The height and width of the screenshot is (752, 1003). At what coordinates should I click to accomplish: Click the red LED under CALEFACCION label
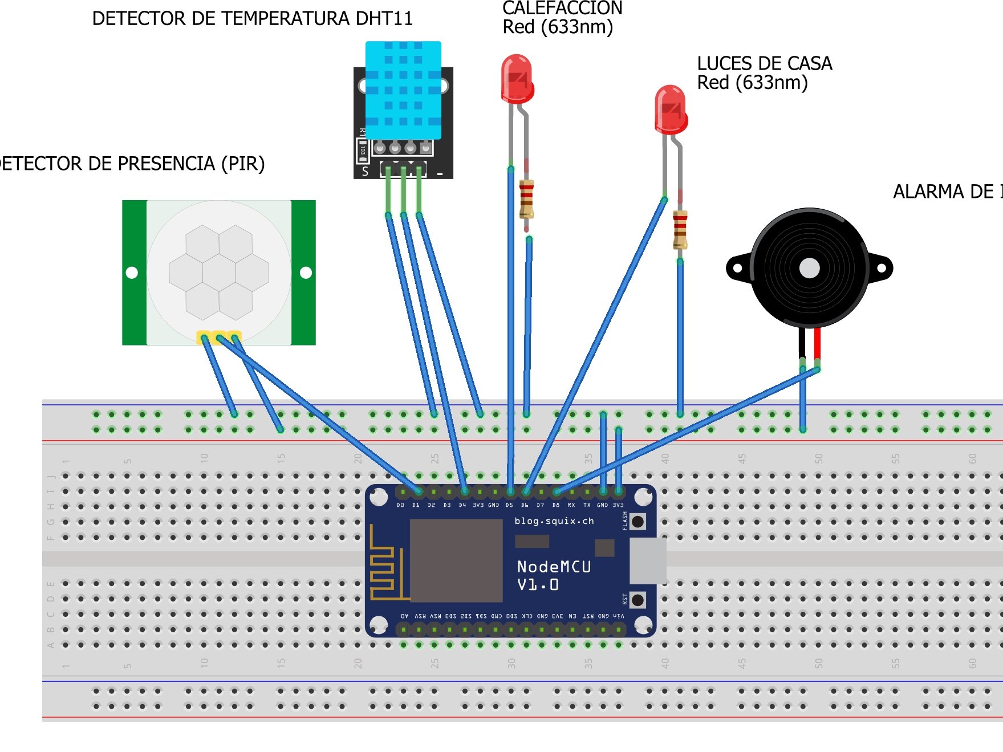click(x=517, y=79)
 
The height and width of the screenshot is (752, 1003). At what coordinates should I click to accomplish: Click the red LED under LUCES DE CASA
click(x=671, y=110)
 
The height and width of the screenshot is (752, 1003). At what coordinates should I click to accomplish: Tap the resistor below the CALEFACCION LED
click(x=526, y=199)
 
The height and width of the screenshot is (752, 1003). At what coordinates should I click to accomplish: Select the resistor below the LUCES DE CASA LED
click(x=680, y=229)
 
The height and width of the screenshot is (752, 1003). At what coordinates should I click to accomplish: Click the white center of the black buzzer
click(x=809, y=268)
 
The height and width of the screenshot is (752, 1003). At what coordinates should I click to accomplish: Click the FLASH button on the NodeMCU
click(x=638, y=521)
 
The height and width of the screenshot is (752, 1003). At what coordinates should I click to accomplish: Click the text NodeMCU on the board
click(x=554, y=567)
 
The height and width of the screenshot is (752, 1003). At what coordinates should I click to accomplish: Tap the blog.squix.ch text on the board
click(x=554, y=521)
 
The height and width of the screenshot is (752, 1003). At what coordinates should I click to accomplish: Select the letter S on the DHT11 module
click(x=366, y=171)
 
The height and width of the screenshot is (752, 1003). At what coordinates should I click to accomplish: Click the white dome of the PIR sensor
click(x=219, y=272)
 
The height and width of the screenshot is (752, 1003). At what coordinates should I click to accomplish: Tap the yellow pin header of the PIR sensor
click(x=219, y=337)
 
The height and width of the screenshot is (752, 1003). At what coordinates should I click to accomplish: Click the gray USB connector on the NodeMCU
click(x=648, y=560)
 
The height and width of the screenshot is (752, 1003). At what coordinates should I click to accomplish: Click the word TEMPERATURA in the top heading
click(x=285, y=19)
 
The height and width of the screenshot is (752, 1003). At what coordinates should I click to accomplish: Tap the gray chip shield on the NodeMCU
click(x=456, y=560)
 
